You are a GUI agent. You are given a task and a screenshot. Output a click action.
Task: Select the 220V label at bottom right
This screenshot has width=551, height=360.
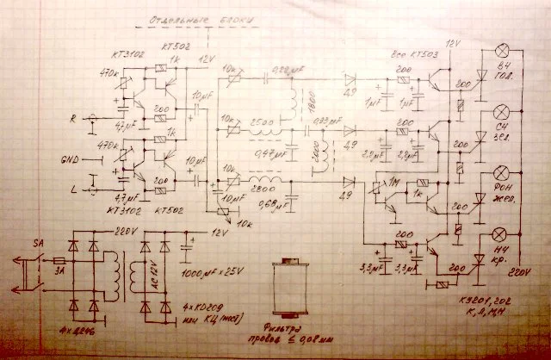pos(519,273)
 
